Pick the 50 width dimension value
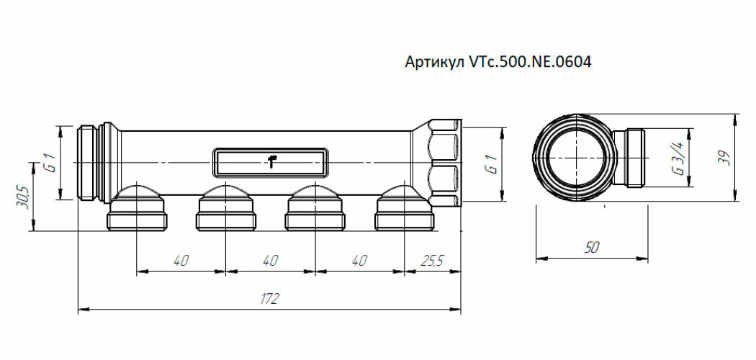(x=592, y=247)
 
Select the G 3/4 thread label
(x=678, y=159)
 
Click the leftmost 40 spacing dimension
(x=181, y=260)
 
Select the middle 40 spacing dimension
(x=270, y=260)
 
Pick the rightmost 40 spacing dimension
(x=359, y=260)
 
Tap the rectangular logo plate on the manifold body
(x=271, y=162)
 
